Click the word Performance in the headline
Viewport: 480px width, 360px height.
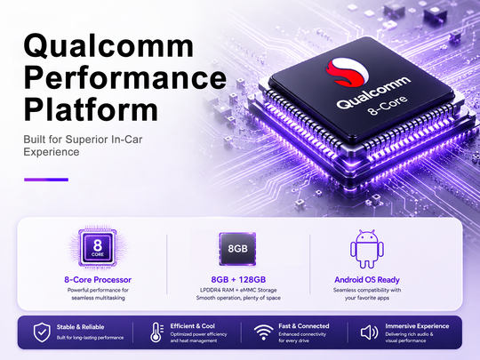point(125,78)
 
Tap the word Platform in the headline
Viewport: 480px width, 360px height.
point(91,109)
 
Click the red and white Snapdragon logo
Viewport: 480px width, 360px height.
point(348,72)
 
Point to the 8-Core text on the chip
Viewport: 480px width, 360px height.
point(388,105)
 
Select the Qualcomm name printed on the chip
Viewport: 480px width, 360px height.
point(373,92)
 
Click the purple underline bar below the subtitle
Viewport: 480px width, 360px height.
point(46,180)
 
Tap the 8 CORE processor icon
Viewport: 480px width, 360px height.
point(98,247)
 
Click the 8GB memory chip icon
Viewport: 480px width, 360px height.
point(237,248)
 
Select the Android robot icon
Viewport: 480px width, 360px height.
point(367,249)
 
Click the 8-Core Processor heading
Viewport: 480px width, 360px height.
point(98,279)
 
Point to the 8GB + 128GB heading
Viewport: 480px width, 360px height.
point(238,279)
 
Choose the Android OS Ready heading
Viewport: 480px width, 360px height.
point(367,280)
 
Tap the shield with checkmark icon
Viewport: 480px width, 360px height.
point(42,332)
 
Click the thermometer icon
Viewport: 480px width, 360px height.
point(156,332)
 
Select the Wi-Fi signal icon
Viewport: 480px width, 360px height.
point(264,332)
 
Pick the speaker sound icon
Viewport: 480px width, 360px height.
point(369,332)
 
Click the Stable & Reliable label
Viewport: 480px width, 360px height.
point(80,327)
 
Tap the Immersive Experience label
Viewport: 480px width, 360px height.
point(417,326)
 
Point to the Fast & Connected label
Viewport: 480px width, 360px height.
point(304,326)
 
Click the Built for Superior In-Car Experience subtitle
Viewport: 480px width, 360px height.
point(83,146)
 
